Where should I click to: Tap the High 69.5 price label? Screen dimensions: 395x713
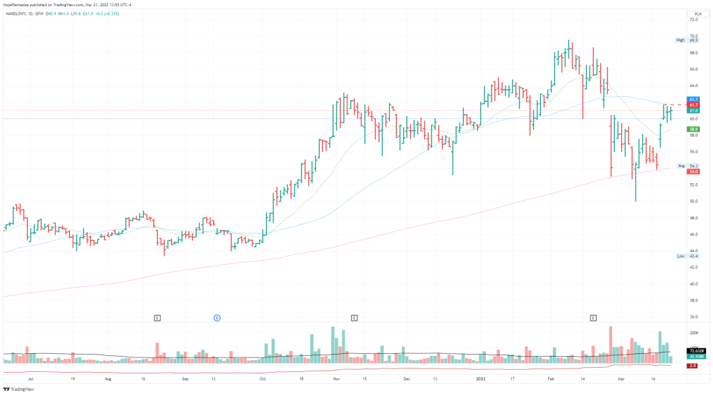(x=689, y=40)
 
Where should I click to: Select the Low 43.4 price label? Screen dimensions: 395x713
(x=689, y=256)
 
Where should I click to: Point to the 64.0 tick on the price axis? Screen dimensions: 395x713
(x=694, y=86)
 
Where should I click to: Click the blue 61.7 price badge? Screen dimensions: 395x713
(x=694, y=100)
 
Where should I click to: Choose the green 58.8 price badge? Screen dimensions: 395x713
(x=694, y=130)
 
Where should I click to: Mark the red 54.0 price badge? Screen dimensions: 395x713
(x=694, y=171)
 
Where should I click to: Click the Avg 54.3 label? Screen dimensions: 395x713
(x=689, y=166)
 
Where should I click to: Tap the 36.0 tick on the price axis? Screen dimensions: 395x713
(x=694, y=317)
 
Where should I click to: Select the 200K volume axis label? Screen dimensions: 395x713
(x=694, y=334)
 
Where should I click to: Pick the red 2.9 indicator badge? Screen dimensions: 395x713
(x=694, y=366)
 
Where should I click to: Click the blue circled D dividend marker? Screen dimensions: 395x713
(x=217, y=318)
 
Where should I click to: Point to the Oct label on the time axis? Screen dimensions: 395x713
(x=262, y=380)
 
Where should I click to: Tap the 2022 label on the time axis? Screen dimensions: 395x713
(x=480, y=380)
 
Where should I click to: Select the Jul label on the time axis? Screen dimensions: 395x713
(x=30, y=380)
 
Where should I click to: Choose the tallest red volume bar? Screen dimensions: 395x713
(x=611, y=344)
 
